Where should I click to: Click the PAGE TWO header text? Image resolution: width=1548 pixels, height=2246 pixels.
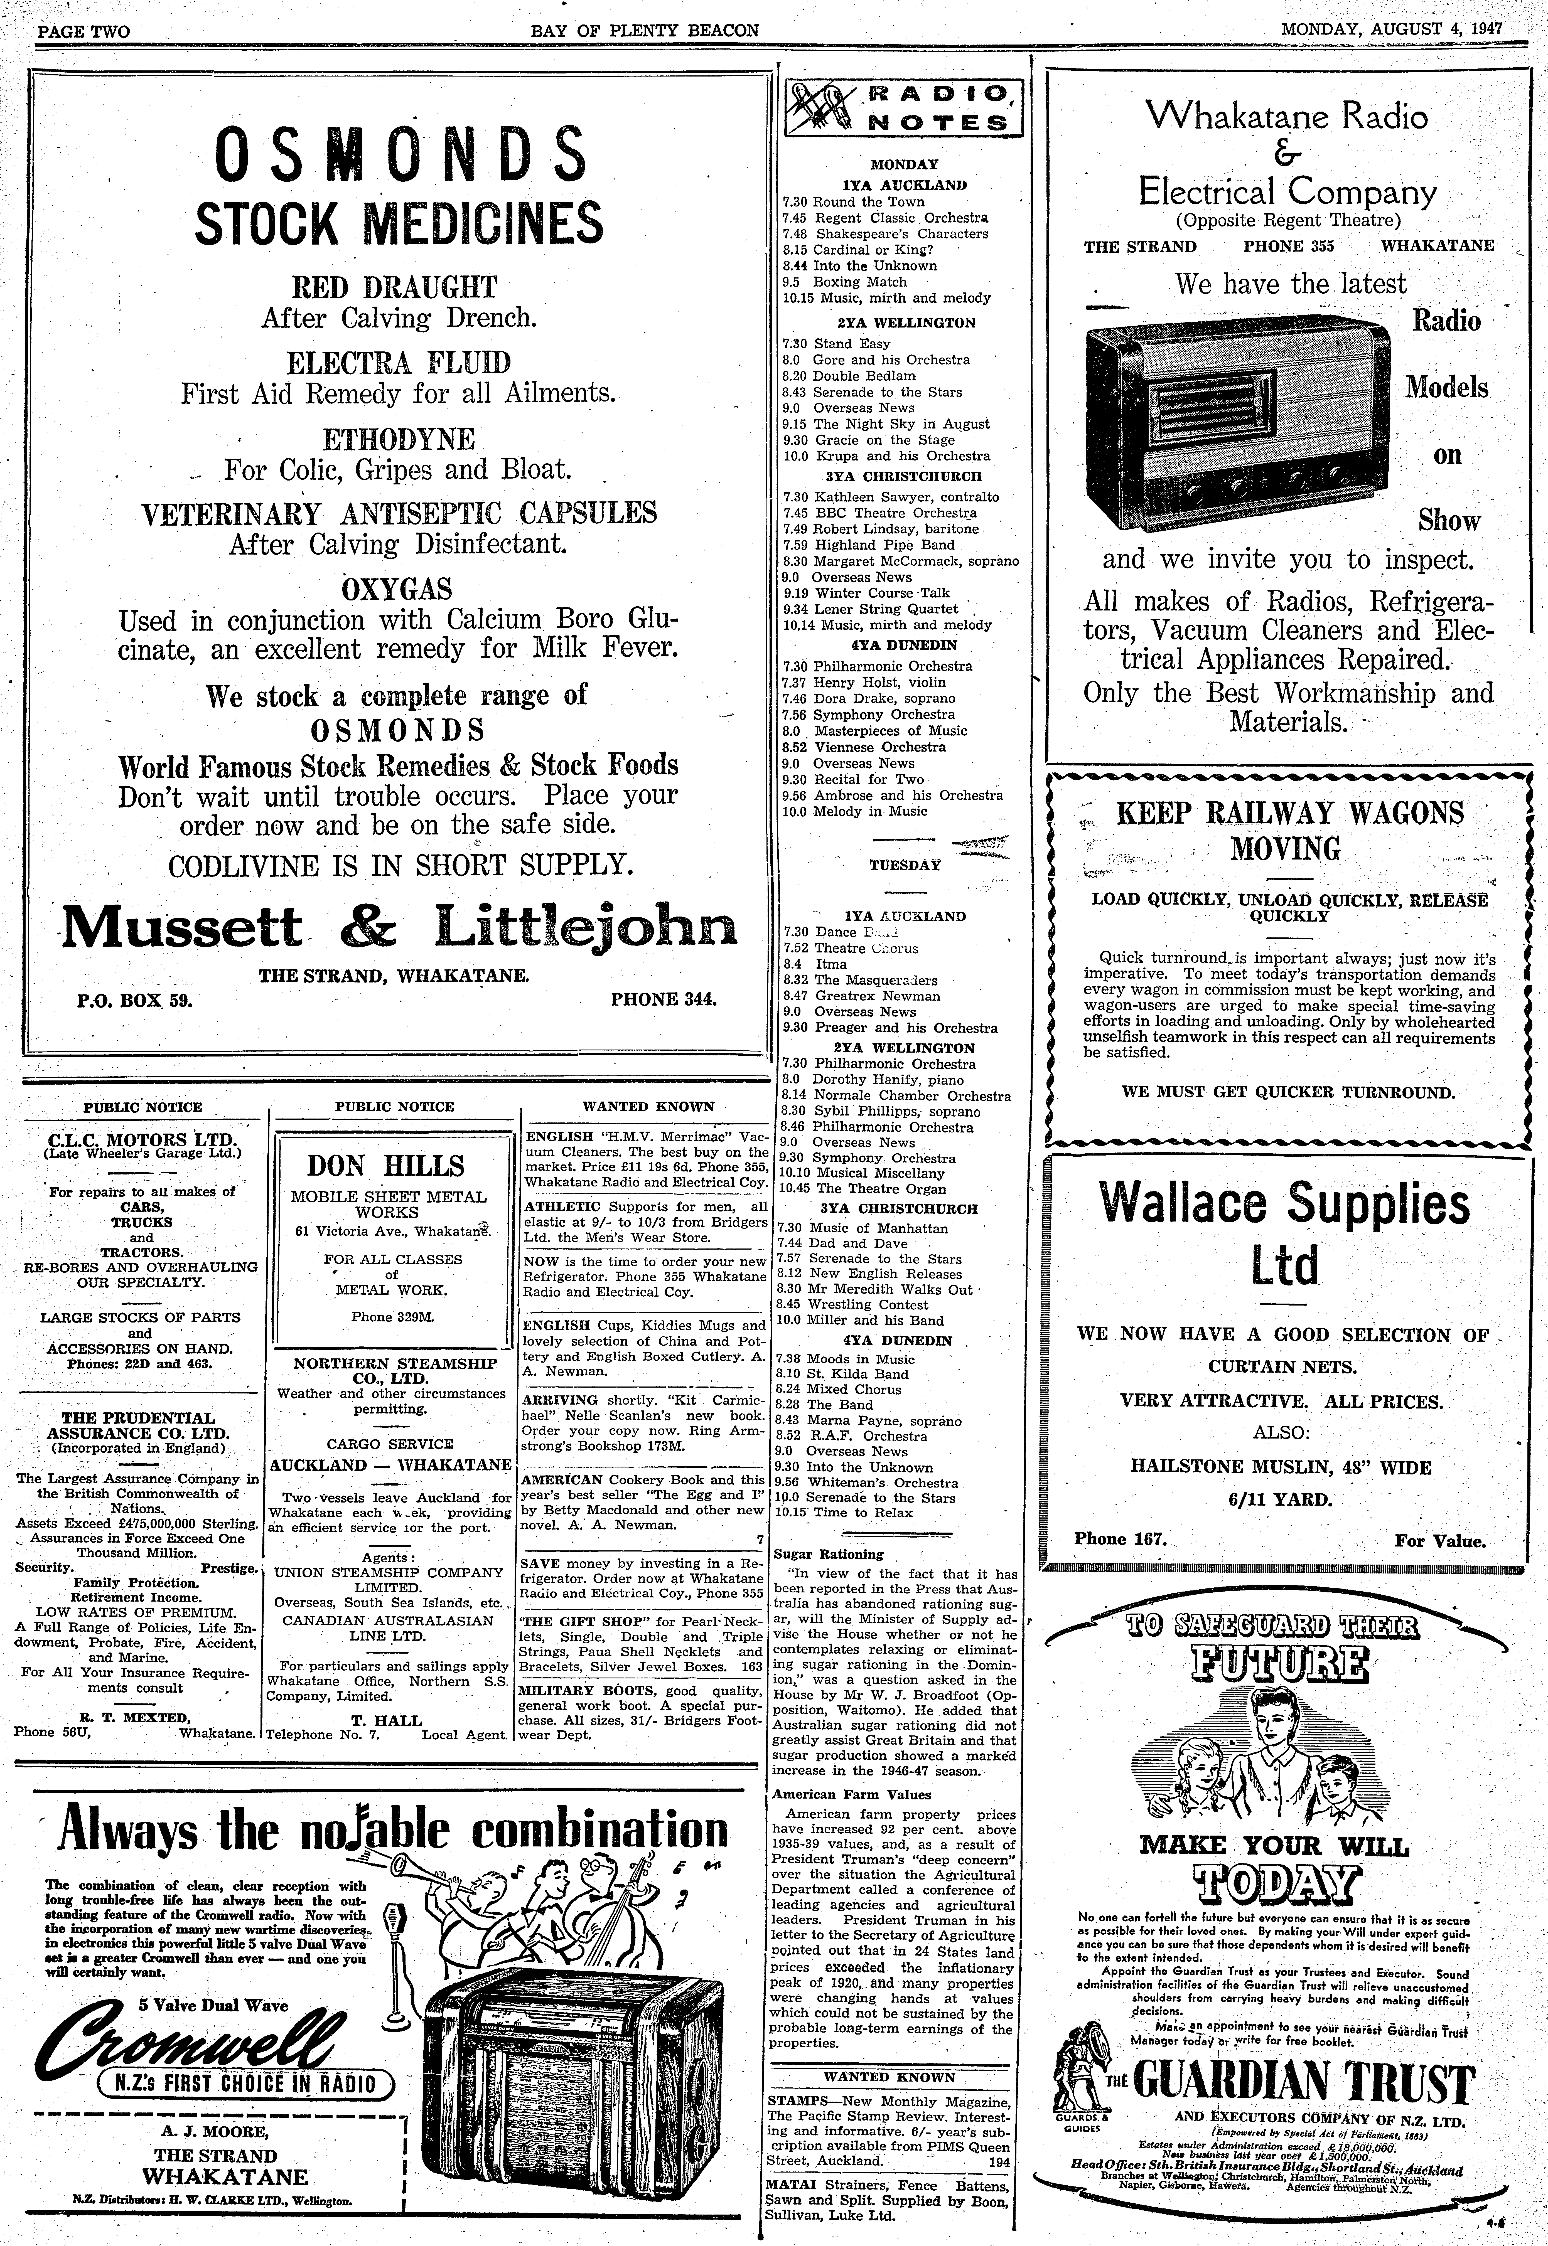tap(83, 31)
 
